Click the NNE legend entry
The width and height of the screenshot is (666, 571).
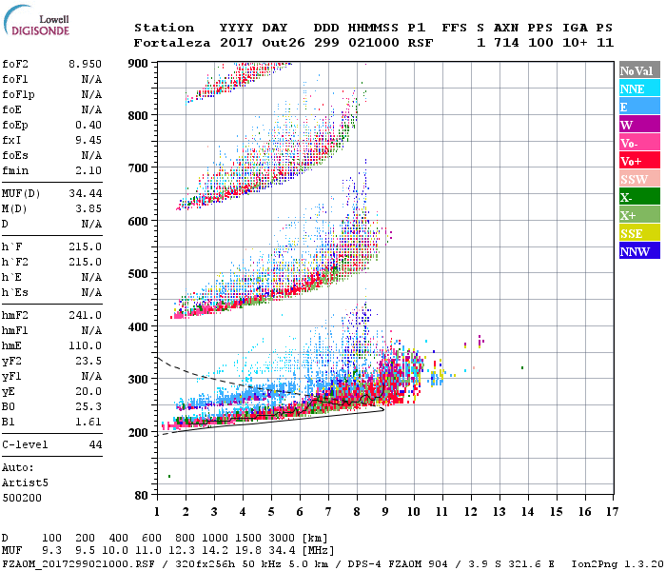637,89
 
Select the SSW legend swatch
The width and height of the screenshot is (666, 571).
637,179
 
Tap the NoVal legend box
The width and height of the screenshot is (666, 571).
637,70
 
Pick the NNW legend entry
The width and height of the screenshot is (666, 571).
637,251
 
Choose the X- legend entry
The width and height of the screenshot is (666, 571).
637,197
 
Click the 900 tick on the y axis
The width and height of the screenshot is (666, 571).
140,63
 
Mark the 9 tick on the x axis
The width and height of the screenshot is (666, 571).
384,512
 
